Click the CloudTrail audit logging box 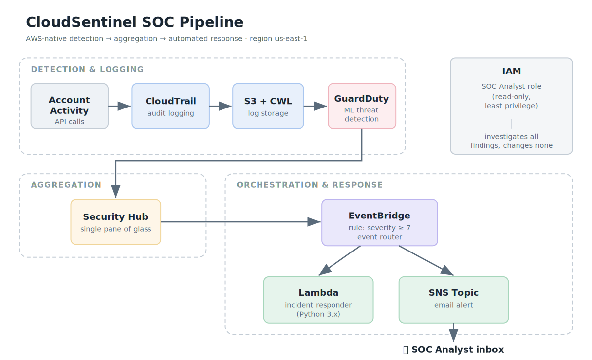point(171,106)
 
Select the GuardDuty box point(362,106)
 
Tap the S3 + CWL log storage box point(268,106)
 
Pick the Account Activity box point(70,106)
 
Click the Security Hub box point(116,222)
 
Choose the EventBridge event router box point(379,222)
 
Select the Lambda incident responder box point(319,299)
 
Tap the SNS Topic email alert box point(453,299)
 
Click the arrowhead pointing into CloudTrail point(124,106)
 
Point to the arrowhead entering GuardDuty point(321,106)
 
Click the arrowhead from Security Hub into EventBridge point(314,222)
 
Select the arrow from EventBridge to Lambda point(339,260)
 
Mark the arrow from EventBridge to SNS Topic point(426,260)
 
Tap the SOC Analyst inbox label point(453,350)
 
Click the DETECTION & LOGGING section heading point(87,69)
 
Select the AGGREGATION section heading point(66,185)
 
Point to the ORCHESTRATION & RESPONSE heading point(310,185)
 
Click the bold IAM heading point(512,71)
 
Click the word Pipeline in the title point(211,23)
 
